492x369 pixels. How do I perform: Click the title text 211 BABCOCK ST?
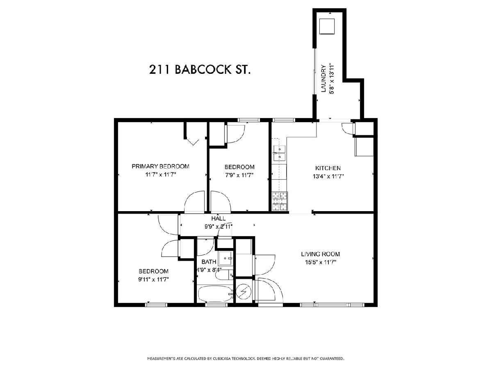coord(200,69)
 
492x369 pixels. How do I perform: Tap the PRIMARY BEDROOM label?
coord(160,166)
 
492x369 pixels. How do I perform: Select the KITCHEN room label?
coord(328,168)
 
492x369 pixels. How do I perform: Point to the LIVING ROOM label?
coord(320,254)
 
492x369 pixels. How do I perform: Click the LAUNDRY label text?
coord(323,78)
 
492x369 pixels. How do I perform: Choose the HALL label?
coord(218,219)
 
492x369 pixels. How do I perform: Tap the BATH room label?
coord(209,262)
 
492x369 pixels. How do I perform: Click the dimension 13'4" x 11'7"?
coord(328,177)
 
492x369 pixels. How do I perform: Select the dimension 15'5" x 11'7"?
coord(321,262)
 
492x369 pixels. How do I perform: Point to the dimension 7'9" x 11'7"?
coord(239,175)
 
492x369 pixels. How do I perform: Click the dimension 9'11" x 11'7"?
coord(153,279)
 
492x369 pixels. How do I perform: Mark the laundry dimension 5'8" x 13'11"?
coord(332,78)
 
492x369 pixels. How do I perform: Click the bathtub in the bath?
coord(215,294)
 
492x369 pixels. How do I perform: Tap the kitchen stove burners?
coord(280,201)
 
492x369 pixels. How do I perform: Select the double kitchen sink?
coord(279,153)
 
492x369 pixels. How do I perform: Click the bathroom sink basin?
coord(225,258)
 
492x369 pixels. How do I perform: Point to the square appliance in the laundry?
coord(327,26)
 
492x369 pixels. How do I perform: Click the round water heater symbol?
coord(244,292)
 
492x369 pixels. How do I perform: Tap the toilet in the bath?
coord(224,275)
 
